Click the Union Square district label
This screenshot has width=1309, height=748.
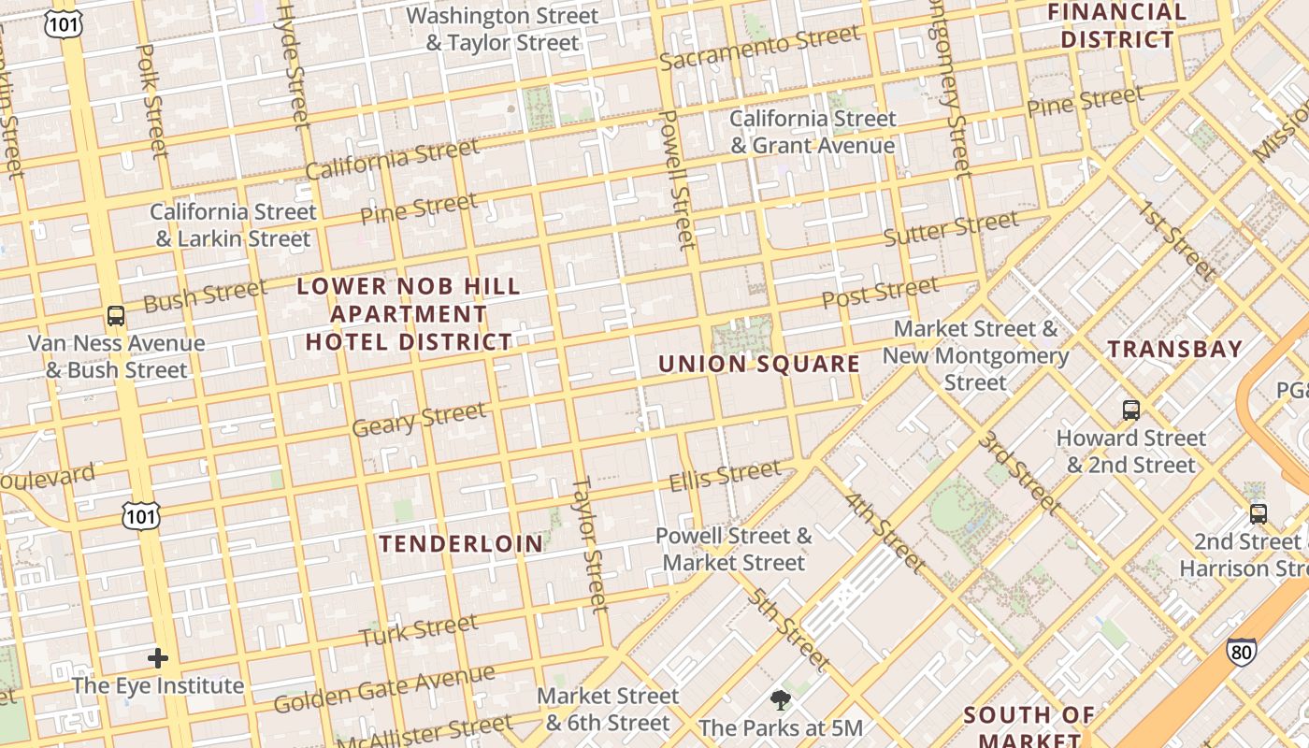click(758, 364)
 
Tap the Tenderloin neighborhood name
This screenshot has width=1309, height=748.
click(461, 543)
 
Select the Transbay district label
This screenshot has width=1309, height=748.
click(1174, 350)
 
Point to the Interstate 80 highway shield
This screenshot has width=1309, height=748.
click(1241, 652)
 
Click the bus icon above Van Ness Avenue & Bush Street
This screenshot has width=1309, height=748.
click(116, 316)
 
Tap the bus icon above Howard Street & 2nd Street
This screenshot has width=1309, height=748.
click(1130, 410)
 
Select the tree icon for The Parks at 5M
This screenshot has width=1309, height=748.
click(780, 700)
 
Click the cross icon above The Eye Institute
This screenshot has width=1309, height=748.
click(158, 658)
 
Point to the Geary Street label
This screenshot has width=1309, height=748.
click(419, 419)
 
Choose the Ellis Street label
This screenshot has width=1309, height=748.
click(725, 476)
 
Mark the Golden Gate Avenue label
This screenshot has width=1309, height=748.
click(384, 688)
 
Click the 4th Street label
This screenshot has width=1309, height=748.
click(885, 531)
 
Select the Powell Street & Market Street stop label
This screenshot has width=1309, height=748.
click(734, 549)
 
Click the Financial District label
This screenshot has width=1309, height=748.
click(1116, 25)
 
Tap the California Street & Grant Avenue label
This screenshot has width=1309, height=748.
click(813, 132)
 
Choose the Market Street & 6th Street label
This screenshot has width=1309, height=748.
click(608, 709)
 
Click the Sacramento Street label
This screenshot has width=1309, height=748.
click(759, 48)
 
